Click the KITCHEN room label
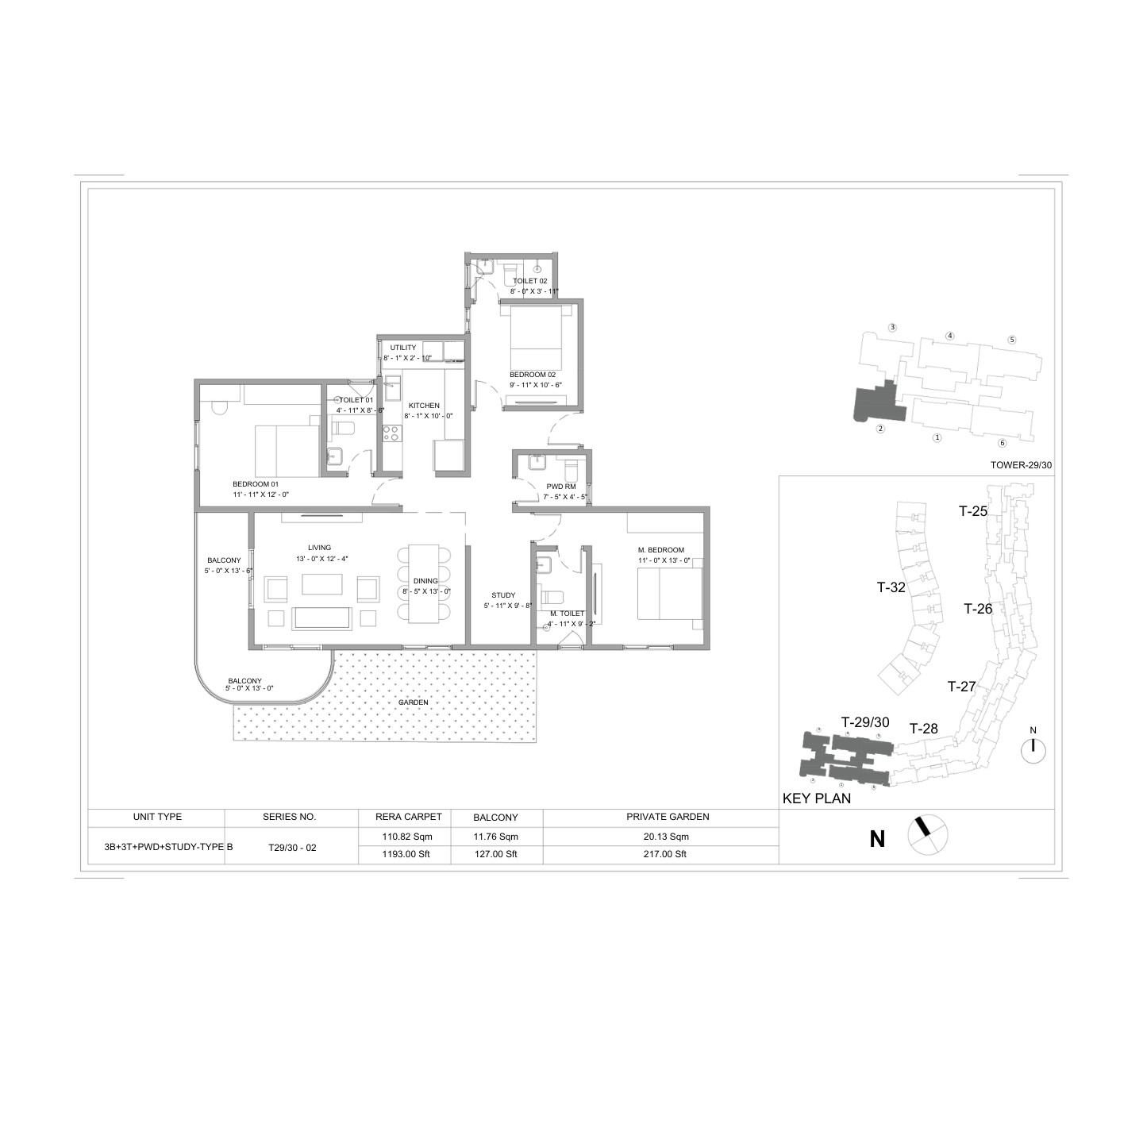coord(424,406)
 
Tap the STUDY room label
coord(503,595)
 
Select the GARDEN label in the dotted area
coord(414,702)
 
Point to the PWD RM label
coord(561,487)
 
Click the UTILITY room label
coord(403,348)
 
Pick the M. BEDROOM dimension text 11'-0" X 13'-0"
coord(664,560)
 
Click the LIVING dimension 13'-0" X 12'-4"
coord(322,559)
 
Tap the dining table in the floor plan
coord(424,584)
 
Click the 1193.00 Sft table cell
coord(407,854)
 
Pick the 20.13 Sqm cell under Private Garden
coord(666,837)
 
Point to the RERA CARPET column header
coord(409,817)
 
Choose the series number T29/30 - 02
coord(292,848)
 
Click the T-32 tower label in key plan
coord(891,587)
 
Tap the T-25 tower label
coord(973,510)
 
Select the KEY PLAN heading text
coord(817,799)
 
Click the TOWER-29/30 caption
coord(1021,465)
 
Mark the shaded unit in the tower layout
coord(878,403)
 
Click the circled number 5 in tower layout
coord(1012,340)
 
